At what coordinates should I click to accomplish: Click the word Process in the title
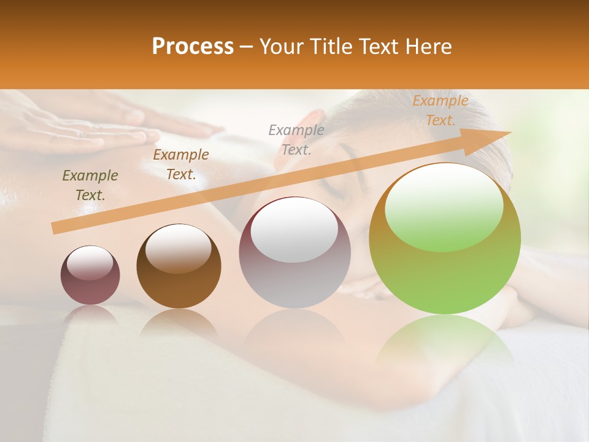click(x=193, y=47)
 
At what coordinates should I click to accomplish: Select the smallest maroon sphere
click(x=90, y=275)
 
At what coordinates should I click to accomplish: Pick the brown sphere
click(x=179, y=266)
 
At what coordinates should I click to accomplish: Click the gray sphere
click(x=294, y=252)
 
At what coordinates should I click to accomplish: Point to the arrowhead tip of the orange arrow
click(x=510, y=132)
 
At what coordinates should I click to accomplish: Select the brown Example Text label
click(x=181, y=165)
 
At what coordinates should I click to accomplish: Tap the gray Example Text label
click(x=296, y=139)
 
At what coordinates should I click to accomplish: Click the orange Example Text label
click(x=441, y=110)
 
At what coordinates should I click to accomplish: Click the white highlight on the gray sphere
click(x=294, y=228)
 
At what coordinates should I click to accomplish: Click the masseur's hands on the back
click(x=104, y=126)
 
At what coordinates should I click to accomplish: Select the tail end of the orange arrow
click(x=55, y=228)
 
